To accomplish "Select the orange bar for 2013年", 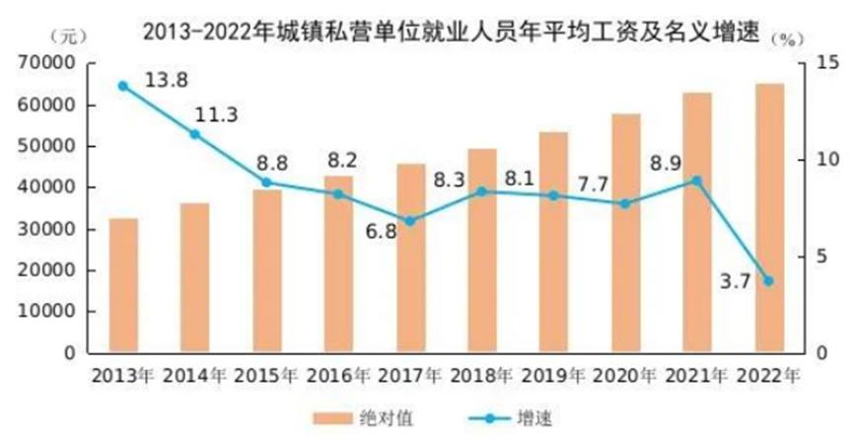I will (x=123, y=285).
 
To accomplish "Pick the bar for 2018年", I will (x=482, y=251).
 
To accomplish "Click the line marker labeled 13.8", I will (x=123, y=86).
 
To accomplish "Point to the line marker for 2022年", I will (x=769, y=281).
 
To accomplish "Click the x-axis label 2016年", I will (x=338, y=376).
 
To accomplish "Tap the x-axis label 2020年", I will (x=626, y=376).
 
